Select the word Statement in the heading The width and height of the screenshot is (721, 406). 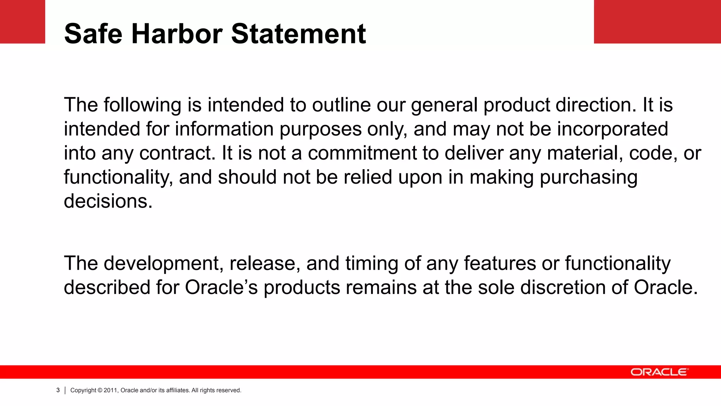click(299, 34)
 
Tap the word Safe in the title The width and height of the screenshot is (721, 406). click(93, 34)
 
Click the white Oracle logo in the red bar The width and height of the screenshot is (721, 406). click(659, 372)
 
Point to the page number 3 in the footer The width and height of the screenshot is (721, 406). click(58, 390)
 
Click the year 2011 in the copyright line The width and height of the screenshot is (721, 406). click(111, 390)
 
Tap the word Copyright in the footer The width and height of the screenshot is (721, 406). click(83, 390)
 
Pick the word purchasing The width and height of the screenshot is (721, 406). click(589, 177)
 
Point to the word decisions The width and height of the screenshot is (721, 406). click(108, 201)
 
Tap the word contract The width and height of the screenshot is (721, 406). click(177, 153)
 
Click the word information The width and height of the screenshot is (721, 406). click(224, 129)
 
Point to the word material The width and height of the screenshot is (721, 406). click(585, 153)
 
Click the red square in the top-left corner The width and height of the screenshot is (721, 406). click(23, 21)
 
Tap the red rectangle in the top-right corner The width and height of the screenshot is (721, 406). click(657, 21)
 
